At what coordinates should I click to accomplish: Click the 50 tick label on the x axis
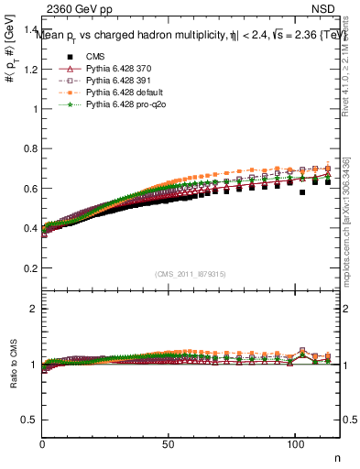coord(169,443)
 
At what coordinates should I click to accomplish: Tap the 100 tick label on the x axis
coord(294,443)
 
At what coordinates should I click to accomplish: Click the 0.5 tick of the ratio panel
coord(29,420)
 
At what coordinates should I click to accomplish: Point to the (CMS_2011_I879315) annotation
coord(191,274)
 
